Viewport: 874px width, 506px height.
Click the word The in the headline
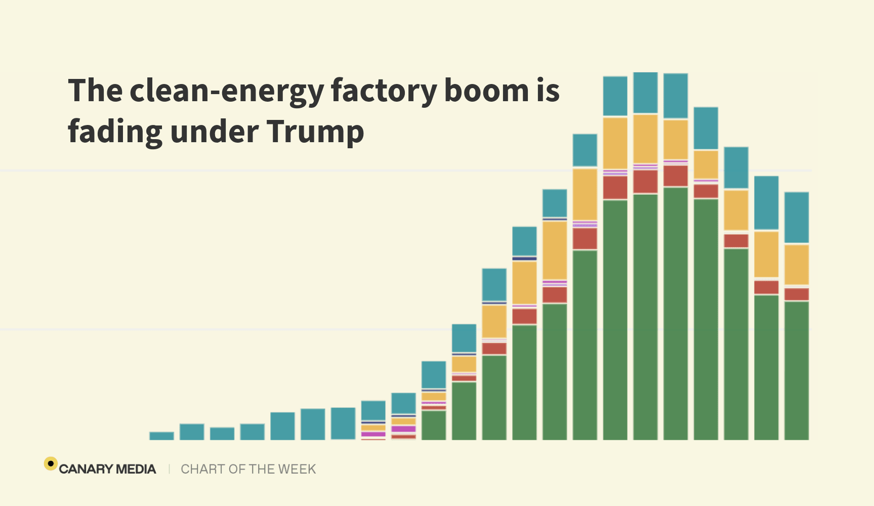tap(96, 91)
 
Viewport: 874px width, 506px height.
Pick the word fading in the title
tap(114, 132)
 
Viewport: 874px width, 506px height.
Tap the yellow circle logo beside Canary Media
tap(51, 463)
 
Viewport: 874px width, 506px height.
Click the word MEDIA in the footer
tap(136, 469)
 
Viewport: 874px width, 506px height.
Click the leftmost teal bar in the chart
tap(161, 436)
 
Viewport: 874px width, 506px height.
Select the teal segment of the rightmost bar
tap(797, 218)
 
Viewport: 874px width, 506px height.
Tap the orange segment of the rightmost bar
tap(797, 264)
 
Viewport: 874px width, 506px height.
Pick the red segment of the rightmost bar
tap(797, 294)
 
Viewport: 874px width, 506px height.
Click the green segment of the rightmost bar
tap(797, 370)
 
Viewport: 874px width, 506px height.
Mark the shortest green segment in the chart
tap(434, 425)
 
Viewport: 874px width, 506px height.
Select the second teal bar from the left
tap(192, 432)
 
